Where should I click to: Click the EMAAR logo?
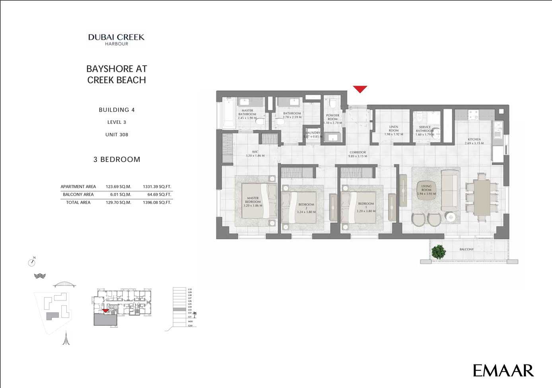pos(503,370)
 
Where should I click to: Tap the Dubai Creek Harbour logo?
pos(116,39)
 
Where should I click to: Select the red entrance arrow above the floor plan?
pos(360,89)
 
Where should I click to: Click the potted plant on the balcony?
pos(438,252)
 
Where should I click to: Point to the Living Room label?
pos(426,190)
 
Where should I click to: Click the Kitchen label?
pos(474,141)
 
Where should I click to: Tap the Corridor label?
pos(358,154)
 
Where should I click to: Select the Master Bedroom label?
pos(253,201)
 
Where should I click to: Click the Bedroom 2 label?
pos(306,208)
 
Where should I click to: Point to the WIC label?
pos(255,154)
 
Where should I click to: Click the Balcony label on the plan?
pos(466,250)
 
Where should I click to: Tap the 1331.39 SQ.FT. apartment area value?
pos(157,187)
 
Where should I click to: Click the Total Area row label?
pos(78,203)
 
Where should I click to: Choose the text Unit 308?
pos(117,135)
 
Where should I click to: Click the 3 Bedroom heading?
pos(117,160)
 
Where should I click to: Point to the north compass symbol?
pos(32,262)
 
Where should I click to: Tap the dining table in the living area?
pos(482,197)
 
